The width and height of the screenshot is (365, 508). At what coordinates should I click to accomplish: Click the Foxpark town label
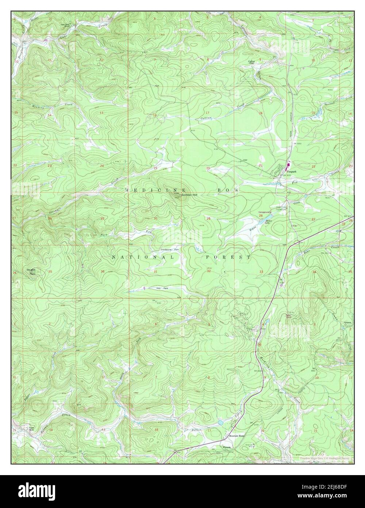click(x=291, y=171)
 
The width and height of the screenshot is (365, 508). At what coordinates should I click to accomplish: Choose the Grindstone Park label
click(x=169, y=249)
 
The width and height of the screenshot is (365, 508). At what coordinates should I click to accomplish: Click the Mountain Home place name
click(x=236, y=436)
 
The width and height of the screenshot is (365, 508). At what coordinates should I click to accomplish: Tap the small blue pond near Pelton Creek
click(x=220, y=422)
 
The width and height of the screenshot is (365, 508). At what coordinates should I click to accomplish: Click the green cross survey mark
click(x=125, y=313)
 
